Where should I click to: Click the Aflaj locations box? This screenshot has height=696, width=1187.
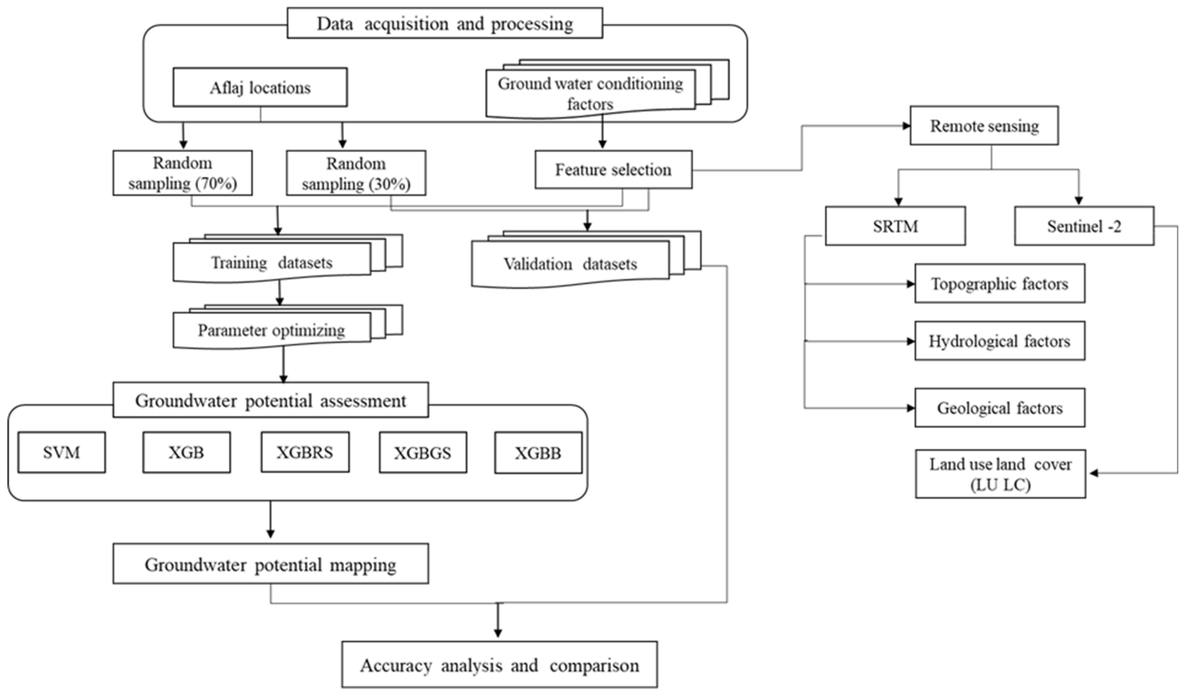[260, 87]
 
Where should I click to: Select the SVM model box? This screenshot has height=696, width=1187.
[62, 452]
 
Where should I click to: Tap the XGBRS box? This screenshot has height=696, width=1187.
[305, 452]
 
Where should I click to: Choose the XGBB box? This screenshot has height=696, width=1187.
[538, 453]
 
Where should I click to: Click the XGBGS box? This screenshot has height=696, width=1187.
[423, 453]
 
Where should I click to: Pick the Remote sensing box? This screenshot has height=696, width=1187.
[984, 125]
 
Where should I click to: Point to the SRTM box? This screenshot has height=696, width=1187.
[895, 226]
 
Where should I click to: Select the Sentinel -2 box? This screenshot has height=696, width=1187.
[1084, 226]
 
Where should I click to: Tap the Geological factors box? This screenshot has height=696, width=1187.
[999, 408]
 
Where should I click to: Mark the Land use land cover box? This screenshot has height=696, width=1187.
[1000, 473]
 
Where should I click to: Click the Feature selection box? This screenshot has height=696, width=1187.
[613, 170]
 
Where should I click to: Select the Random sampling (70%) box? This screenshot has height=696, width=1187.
[182, 173]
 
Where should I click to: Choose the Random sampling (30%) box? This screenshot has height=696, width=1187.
[356, 173]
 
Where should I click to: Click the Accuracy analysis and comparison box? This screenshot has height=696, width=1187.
[499, 664]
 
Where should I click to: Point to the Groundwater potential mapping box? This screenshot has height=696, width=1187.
[270, 564]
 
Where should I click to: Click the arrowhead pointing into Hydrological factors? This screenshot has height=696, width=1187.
[910, 341]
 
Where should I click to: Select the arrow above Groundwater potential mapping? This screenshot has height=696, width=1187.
[270, 521]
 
